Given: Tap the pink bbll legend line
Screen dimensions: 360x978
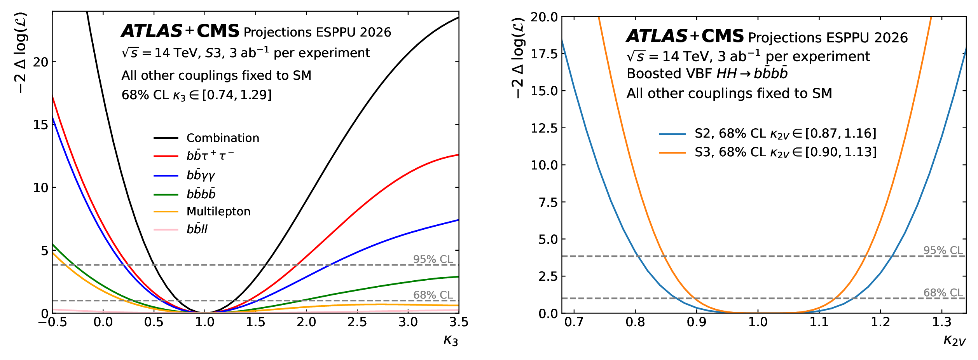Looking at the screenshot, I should click(x=166, y=230).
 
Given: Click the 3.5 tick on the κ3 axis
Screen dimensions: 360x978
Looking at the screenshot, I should click(x=459, y=322).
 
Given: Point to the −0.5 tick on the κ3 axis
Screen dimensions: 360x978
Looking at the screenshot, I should click(x=52, y=322).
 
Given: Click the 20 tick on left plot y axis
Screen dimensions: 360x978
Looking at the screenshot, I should click(x=40, y=62).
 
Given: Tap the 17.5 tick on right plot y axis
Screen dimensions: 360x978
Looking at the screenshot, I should click(x=544, y=54).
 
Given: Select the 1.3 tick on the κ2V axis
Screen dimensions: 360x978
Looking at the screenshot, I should click(x=941, y=322).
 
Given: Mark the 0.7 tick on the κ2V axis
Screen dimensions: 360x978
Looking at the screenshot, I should click(x=574, y=322).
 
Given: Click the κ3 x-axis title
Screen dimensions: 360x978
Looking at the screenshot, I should click(x=451, y=341).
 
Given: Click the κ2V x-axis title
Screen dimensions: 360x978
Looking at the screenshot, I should click(x=954, y=341).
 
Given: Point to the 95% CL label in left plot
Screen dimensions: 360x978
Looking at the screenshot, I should click(x=433, y=259).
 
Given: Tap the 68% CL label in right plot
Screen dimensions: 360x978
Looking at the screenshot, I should click(x=943, y=293).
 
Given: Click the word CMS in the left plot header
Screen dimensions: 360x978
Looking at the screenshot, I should click(x=218, y=31).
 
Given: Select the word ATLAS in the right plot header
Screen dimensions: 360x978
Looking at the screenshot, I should click(x=657, y=36).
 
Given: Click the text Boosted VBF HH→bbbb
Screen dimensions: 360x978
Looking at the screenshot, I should click(x=707, y=74).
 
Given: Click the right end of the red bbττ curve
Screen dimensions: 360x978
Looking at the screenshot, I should click(x=458, y=155).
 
